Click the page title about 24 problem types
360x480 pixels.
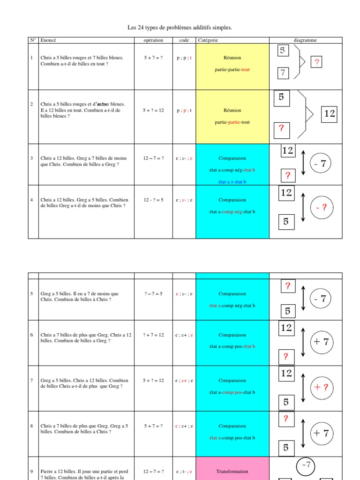(180, 28)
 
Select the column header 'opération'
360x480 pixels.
(153, 40)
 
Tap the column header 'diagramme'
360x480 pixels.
(305, 40)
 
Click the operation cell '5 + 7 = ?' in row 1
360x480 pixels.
(153, 58)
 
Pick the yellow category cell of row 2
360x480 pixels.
(232, 116)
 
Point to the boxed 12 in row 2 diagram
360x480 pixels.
(330, 113)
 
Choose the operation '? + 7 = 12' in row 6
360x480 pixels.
(153, 335)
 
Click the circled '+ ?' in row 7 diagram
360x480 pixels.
(321, 388)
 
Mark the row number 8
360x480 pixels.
(32, 426)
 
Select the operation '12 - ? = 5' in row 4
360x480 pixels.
(153, 200)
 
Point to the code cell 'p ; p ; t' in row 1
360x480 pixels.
(184, 58)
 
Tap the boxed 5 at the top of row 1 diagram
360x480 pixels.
(282, 51)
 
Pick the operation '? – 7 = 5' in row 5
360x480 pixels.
(153, 294)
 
